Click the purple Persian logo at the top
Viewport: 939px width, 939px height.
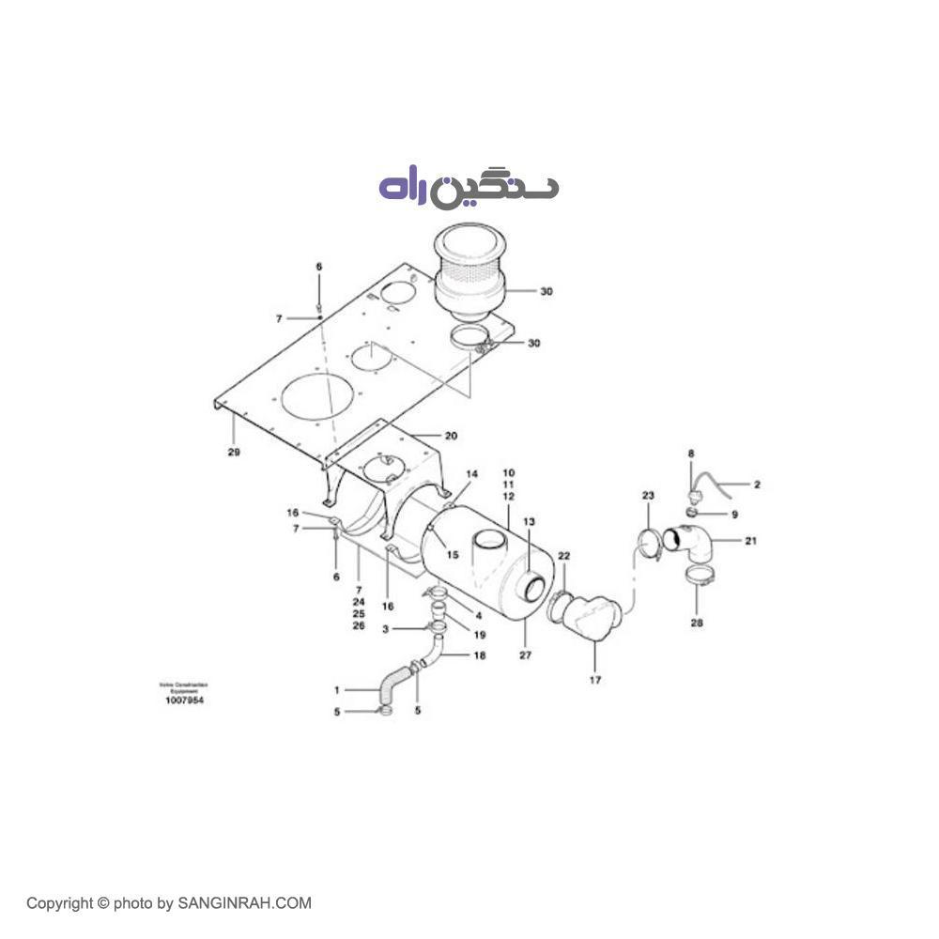coord(468,186)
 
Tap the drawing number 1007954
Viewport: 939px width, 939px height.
coord(184,700)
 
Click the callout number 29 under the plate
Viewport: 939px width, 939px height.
coord(234,453)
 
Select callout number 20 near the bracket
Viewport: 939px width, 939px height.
coord(451,436)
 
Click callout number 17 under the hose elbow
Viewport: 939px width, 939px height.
coord(594,680)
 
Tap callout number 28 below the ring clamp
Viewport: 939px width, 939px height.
coord(696,622)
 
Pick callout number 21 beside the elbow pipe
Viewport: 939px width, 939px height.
coord(750,541)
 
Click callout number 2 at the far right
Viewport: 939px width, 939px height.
coord(757,485)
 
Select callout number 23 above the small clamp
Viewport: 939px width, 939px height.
coord(647,495)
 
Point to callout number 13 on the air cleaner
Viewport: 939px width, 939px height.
coord(529,521)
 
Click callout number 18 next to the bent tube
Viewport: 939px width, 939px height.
coord(479,655)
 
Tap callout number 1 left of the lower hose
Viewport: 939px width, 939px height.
coord(336,690)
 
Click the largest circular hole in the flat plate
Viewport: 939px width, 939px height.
coord(314,397)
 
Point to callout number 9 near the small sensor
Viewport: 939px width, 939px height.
coord(734,515)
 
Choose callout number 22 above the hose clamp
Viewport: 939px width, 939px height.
coord(563,556)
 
